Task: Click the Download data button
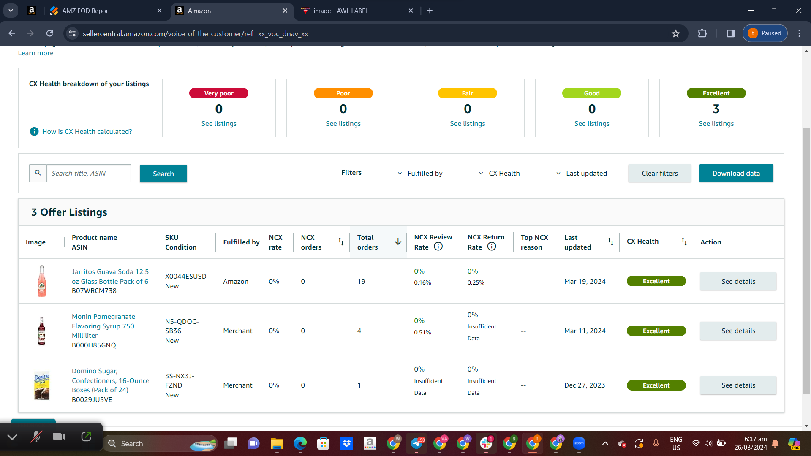click(x=736, y=173)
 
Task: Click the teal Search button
click(x=163, y=174)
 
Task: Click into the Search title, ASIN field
click(x=89, y=173)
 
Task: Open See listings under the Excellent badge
click(x=716, y=123)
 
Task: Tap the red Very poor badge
click(x=219, y=93)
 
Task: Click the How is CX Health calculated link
click(x=87, y=131)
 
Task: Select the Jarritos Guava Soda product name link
click(x=110, y=276)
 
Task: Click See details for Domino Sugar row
click(x=738, y=385)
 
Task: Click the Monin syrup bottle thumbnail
click(x=42, y=331)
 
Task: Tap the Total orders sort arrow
click(x=398, y=242)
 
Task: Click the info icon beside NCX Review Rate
click(x=438, y=247)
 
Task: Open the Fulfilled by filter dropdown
click(x=420, y=173)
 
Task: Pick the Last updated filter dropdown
click(x=582, y=173)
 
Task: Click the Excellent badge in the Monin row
click(x=656, y=331)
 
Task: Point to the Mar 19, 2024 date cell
click(x=585, y=281)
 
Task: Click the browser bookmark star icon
click(x=676, y=33)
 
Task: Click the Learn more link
click(x=35, y=53)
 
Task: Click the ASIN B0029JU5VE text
click(x=92, y=399)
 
